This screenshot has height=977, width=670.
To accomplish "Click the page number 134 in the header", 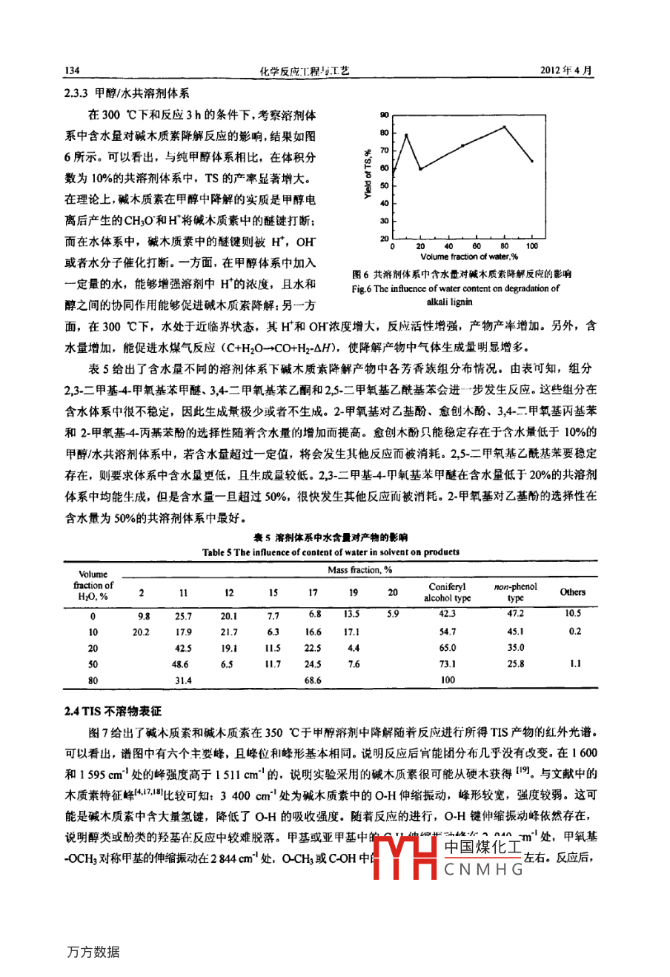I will tap(72, 70).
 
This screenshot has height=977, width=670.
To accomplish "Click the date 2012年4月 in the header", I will tap(571, 70).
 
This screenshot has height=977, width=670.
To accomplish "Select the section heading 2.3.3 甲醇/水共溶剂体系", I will tap(127, 93).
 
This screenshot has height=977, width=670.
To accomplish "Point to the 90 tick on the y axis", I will tap(384, 115).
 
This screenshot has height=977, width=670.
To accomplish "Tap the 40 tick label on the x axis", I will tap(448, 246).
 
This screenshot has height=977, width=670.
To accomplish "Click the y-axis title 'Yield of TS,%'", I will tap(368, 176).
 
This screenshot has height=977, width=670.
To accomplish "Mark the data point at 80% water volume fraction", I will tap(505, 127).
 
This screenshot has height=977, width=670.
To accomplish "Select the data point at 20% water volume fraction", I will tap(420, 169).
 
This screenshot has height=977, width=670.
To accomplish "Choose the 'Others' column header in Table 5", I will tap(572, 592).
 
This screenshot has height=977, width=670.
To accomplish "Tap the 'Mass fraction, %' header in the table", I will tap(359, 570).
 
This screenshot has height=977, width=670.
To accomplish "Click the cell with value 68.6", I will tap(313, 680).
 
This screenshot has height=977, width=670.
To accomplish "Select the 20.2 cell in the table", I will tap(141, 632).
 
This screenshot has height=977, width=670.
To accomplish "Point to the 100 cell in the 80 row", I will tap(448, 680).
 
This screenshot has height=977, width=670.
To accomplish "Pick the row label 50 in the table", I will tap(93, 664).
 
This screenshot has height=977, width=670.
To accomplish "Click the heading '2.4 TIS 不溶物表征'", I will tap(112, 711).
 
